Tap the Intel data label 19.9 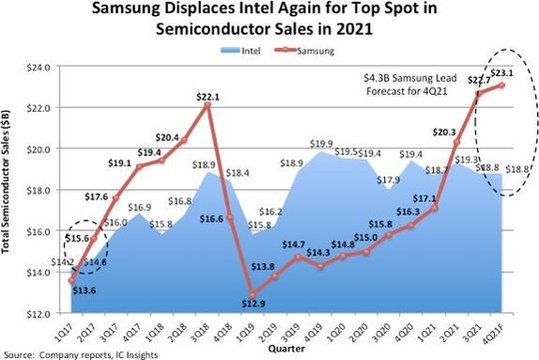click(321, 145)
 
